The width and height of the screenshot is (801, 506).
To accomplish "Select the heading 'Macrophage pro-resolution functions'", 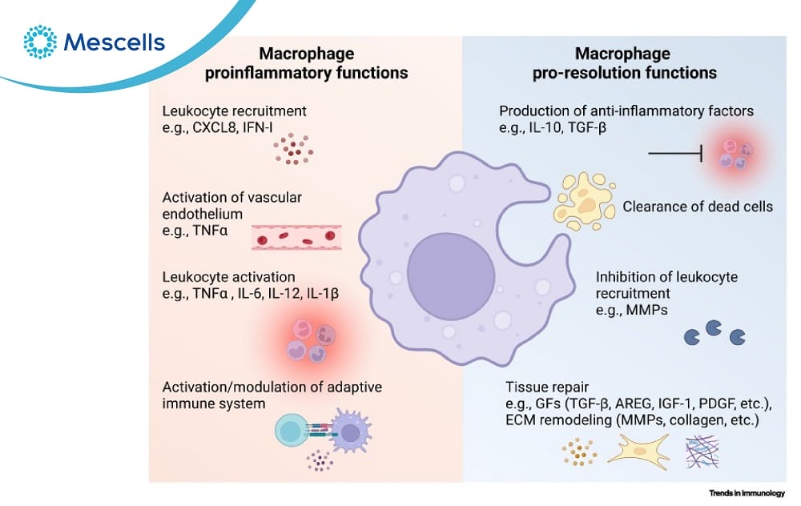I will tap(625, 64).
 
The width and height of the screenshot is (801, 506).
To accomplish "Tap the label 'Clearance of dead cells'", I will tap(698, 207).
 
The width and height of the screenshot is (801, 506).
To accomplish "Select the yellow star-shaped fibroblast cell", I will tap(638, 451).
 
